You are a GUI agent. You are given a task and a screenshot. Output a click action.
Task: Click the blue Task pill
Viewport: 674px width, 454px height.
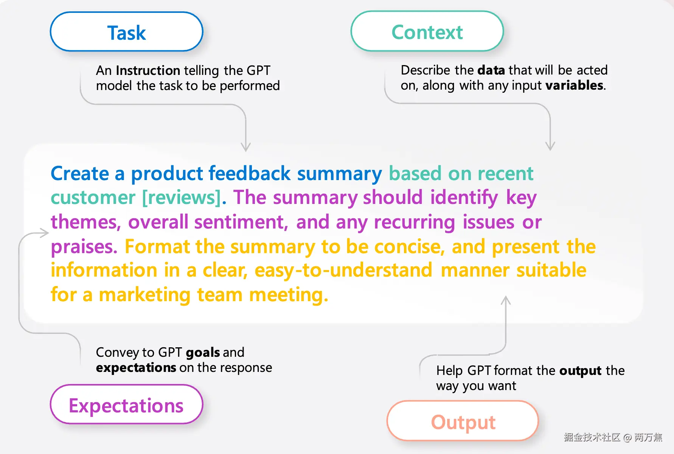[x=127, y=32]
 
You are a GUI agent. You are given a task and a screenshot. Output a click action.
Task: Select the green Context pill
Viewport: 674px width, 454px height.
[x=427, y=31]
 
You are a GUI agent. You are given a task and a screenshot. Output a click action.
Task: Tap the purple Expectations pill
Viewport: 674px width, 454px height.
[x=127, y=404]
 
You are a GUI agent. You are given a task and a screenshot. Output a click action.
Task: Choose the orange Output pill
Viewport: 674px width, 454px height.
[x=463, y=421]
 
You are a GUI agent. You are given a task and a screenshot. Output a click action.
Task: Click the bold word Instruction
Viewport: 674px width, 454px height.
[x=148, y=70]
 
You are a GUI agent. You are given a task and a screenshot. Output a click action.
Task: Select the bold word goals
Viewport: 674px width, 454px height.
[x=203, y=353]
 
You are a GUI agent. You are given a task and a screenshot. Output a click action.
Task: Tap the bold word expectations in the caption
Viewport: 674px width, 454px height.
[x=136, y=368]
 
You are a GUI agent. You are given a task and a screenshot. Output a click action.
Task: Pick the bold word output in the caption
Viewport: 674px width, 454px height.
[x=581, y=371]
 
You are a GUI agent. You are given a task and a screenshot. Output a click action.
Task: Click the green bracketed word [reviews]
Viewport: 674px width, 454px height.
[x=182, y=197]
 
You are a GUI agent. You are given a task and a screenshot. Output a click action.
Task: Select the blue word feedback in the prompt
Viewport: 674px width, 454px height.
[x=250, y=173]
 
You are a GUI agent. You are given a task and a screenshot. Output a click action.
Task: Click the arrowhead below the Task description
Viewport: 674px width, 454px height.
[x=246, y=147]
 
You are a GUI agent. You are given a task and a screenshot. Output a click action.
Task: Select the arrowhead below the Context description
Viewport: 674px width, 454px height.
[x=550, y=146]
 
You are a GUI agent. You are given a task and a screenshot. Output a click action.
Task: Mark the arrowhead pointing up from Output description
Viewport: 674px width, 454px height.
[x=506, y=300]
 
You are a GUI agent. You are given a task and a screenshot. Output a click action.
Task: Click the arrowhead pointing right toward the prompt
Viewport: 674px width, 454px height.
[x=45, y=233]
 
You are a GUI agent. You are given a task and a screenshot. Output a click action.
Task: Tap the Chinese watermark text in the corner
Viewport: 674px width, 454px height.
[x=613, y=437]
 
